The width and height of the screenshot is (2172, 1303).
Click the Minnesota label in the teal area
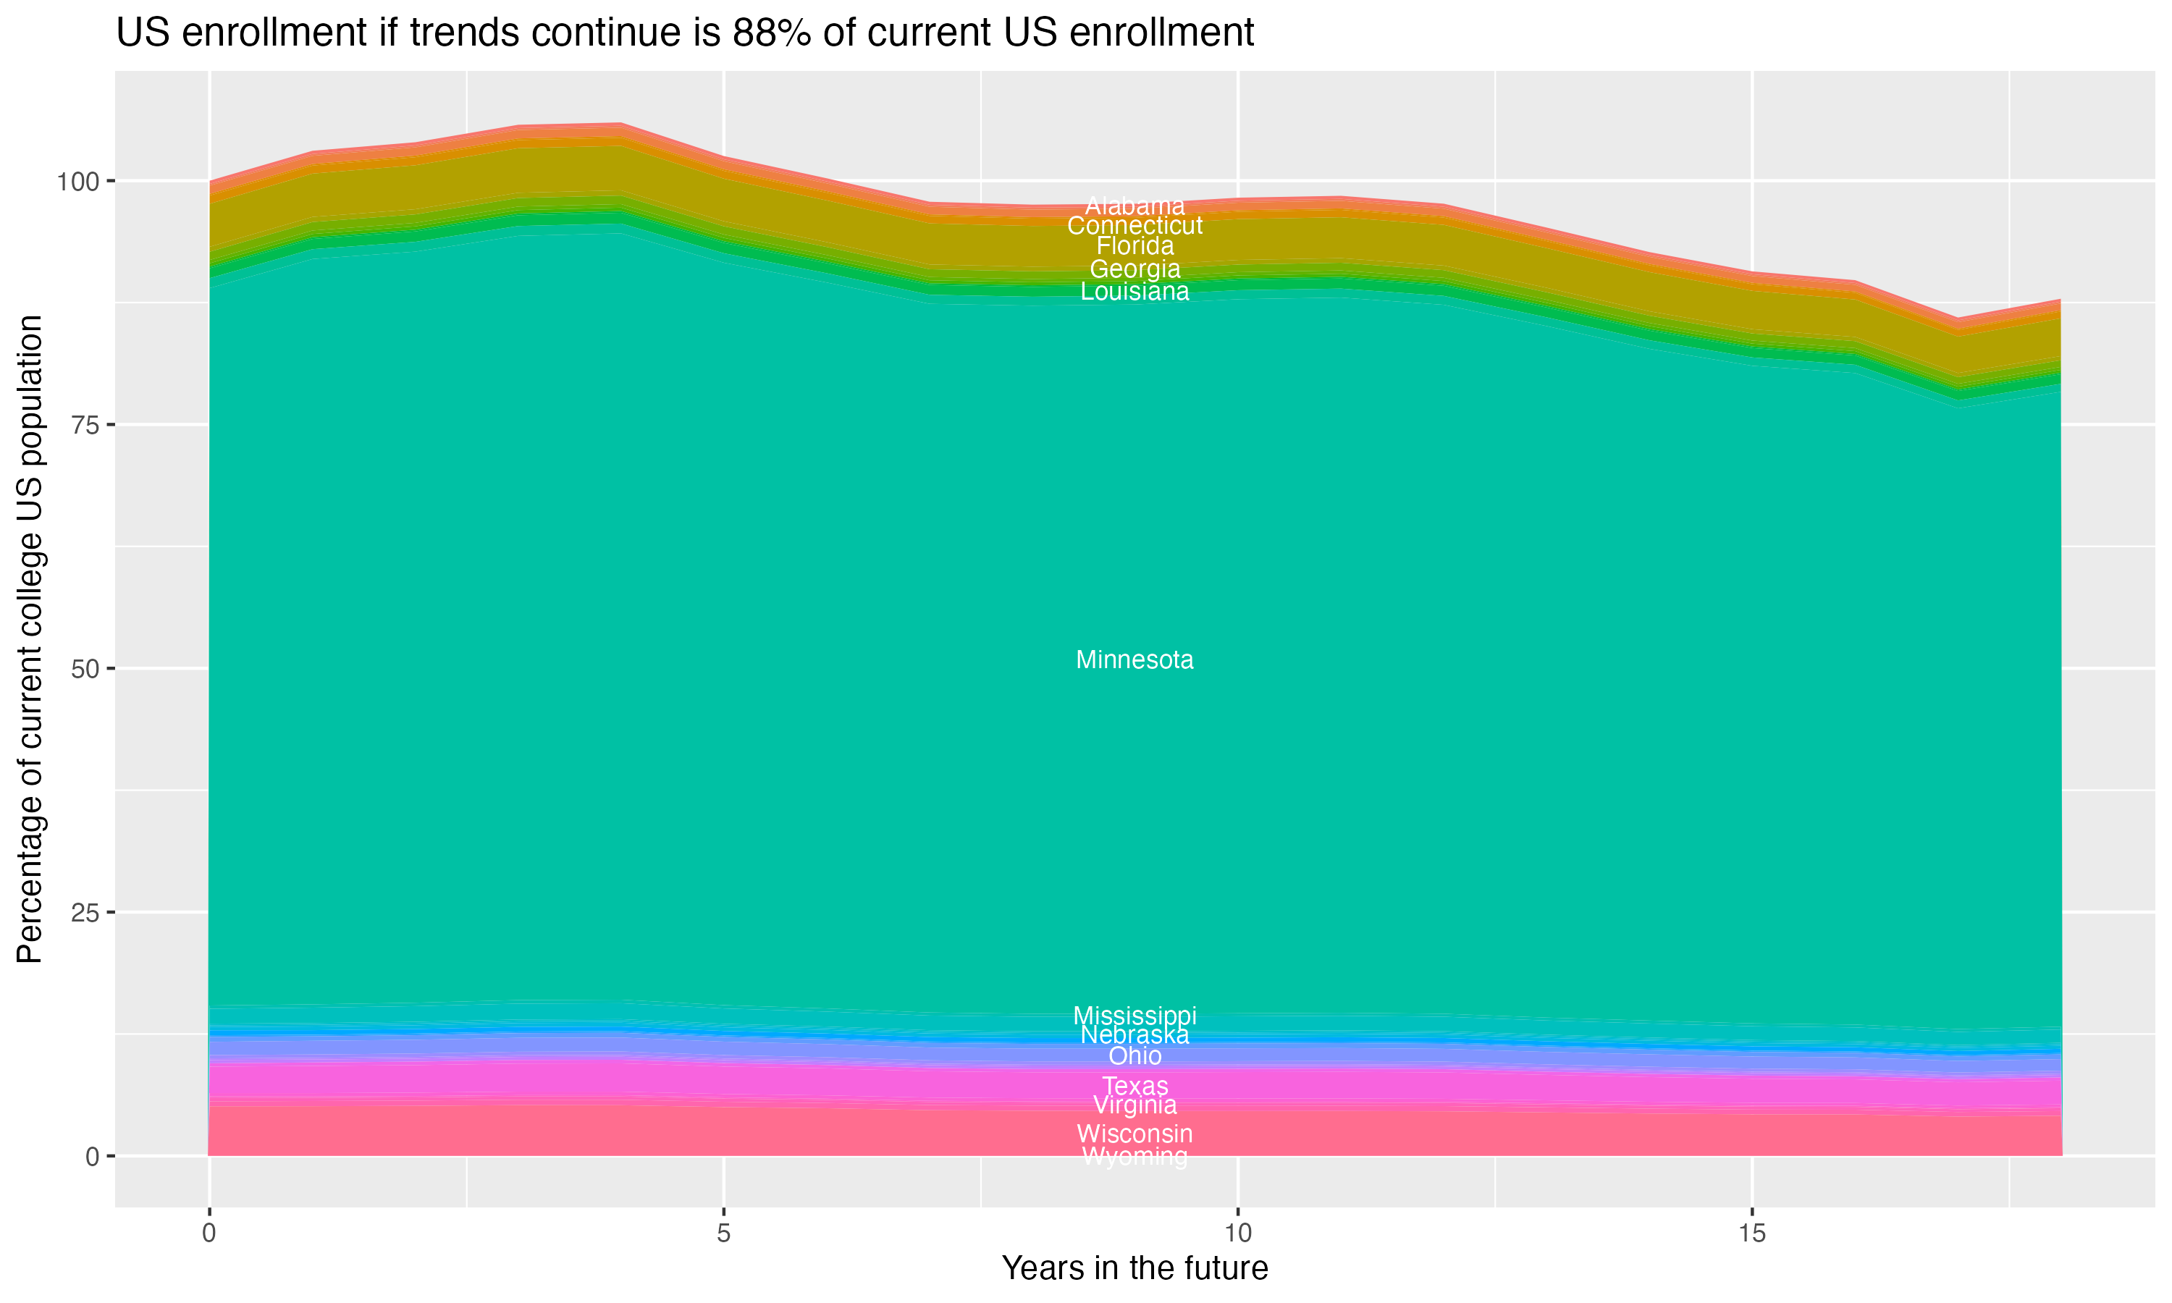[1135, 659]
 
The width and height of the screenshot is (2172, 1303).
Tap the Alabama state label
[1135, 206]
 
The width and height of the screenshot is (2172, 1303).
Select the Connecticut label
[1135, 226]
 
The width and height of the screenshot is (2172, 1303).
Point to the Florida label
[1135, 246]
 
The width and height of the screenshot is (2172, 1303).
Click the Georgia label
[1135, 269]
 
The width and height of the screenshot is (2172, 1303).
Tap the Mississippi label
[1135, 1015]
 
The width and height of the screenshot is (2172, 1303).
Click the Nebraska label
[1135, 1035]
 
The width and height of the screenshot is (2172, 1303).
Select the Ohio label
[1135, 1056]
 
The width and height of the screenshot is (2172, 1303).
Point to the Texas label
[1135, 1086]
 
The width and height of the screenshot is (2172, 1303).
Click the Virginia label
[1135, 1105]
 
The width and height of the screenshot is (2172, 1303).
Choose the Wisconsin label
[1135, 1134]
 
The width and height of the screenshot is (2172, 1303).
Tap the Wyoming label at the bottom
[1135, 1157]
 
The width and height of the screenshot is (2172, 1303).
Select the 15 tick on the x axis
[1751, 1234]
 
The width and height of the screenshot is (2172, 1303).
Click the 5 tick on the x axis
[723, 1234]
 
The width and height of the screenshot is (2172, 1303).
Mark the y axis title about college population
[30, 638]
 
